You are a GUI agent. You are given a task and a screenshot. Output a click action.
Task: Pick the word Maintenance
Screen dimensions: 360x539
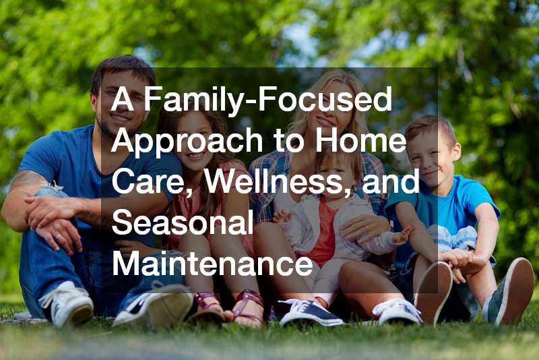pyautogui.click(x=213, y=263)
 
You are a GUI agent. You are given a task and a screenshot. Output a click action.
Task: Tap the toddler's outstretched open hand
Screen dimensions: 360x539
pyautogui.click(x=403, y=235)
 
